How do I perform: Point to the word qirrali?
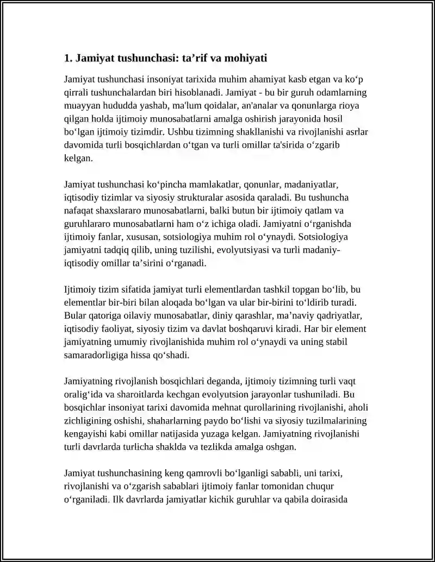(76, 92)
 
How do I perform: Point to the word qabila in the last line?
(296, 500)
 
